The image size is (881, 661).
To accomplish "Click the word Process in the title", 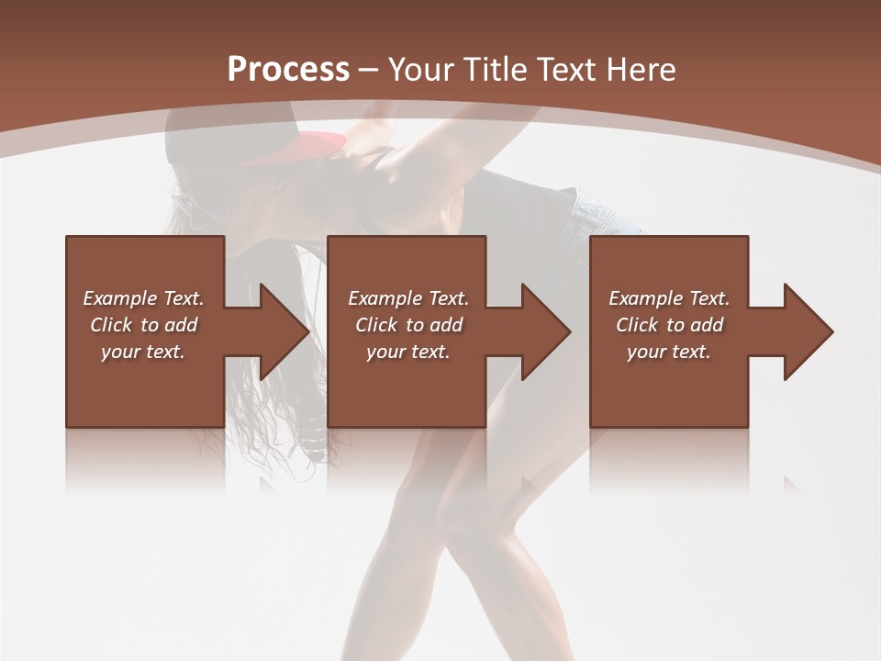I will pos(288,70).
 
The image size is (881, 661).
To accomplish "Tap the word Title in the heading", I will pos(494,70).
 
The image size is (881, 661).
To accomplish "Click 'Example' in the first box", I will pos(119,298).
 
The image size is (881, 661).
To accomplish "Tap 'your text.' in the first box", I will pos(143,352).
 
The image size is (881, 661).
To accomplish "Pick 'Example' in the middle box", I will pos(385,298).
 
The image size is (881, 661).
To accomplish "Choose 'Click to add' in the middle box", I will pos(408,325).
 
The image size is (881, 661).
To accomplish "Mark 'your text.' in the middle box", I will pos(408,352).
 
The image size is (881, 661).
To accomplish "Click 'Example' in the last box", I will pos(645,298).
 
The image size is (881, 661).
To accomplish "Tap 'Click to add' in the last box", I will pos(669,325).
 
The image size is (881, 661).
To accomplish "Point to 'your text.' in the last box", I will pos(669,352).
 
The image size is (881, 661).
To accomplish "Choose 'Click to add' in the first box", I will pos(143,325).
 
